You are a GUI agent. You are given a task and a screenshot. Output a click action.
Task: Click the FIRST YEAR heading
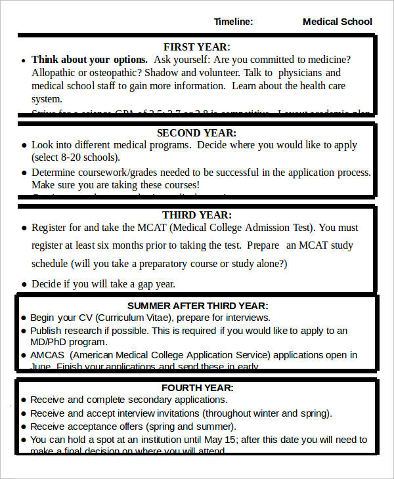196,47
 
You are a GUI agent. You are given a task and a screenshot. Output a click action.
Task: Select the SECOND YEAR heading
197,133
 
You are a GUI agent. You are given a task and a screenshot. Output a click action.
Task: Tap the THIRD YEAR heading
197,215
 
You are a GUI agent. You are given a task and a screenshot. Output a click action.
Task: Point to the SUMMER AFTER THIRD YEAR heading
198,306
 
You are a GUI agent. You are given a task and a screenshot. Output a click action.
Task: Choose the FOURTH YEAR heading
197,388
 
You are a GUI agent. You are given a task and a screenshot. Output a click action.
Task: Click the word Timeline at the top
233,22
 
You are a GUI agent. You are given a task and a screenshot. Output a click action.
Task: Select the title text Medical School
337,22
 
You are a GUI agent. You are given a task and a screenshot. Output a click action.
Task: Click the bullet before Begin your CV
24,318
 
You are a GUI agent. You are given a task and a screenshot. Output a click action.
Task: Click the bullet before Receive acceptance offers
24,427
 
